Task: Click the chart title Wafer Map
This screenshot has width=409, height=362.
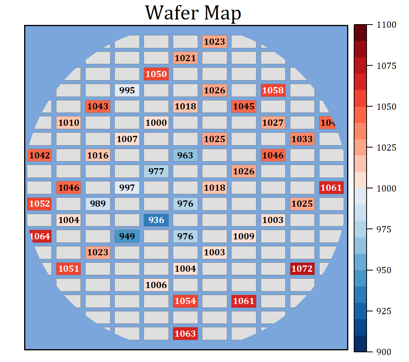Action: pyautogui.click(x=193, y=13)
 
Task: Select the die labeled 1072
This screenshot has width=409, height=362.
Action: pyautogui.click(x=302, y=269)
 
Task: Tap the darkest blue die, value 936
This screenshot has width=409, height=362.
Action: pyautogui.click(x=156, y=220)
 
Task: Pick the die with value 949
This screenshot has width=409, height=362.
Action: pyautogui.click(x=127, y=236)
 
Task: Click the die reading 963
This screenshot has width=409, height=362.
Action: pyautogui.click(x=185, y=155)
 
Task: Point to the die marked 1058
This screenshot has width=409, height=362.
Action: pyautogui.click(x=273, y=90)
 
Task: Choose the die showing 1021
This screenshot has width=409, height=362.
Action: pyautogui.click(x=185, y=58)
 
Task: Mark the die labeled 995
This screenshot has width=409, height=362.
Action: pyautogui.click(x=127, y=90)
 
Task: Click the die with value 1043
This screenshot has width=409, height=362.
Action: pyautogui.click(x=98, y=106)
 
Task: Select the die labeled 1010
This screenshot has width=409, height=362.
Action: pyautogui.click(x=68, y=123)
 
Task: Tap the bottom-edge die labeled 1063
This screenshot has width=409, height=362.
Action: pyautogui.click(x=185, y=333)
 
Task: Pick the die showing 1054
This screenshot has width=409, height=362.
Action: pyautogui.click(x=185, y=300)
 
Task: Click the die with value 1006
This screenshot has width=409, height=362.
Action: pyautogui.click(x=156, y=285)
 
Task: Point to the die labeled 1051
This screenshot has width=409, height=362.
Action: pyautogui.click(x=68, y=269)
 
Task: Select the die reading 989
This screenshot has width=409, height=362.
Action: pyautogui.click(x=98, y=204)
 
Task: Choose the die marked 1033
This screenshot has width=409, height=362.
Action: pyautogui.click(x=302, y=139)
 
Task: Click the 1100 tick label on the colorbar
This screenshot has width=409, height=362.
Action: pyautogui.click(x=386, y=25)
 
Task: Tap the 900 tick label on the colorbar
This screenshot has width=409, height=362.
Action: pyautogui.click(x=384, y=352)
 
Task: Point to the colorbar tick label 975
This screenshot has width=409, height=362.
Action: pyautogui.click(x=384, y=229)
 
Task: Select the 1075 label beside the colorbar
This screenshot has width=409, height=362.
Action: pyautogui.click(x=386, y=66)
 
